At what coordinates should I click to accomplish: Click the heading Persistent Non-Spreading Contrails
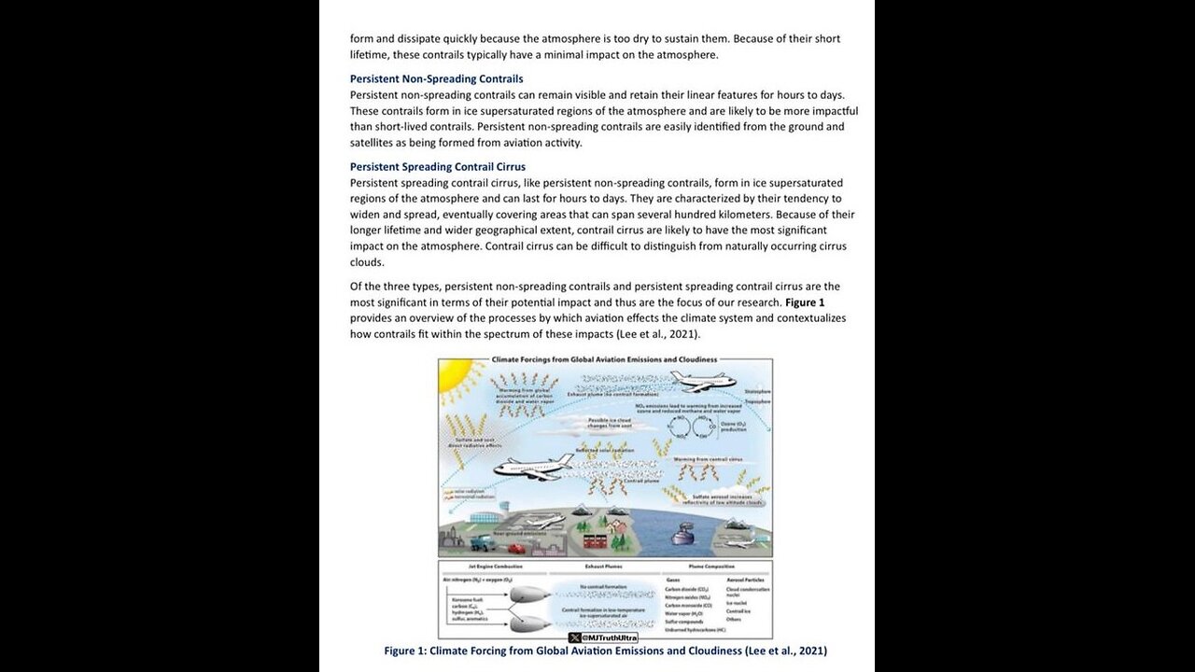tap(436, 79)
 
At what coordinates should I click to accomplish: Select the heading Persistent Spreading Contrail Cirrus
tap(437, 167)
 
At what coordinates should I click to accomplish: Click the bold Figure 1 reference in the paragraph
tap(805, 302)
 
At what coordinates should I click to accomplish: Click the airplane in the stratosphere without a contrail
tap(702, 381)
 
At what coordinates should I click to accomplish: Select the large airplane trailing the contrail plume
tap(534, 467)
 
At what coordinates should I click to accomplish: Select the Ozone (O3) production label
tap(733, 427)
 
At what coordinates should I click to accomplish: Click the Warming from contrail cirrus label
tap(708, 459)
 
